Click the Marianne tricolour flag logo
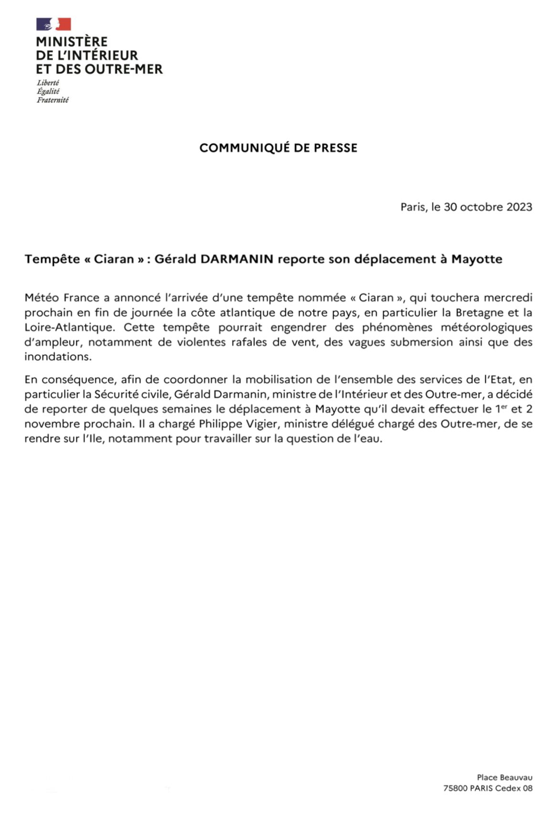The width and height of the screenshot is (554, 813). tap(53, 24)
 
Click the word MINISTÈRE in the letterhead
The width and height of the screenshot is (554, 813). tap(72, 42)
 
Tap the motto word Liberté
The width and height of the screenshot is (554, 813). tap(48, 83)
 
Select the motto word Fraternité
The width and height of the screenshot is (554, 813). tap(52, 100)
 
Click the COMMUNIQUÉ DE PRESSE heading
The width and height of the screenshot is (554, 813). tap(278, 148)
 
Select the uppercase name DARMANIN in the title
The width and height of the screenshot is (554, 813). tap(237, 259)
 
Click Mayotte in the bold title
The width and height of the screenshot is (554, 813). tap(477, 259)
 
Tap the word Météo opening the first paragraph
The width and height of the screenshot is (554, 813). tap(42, 298)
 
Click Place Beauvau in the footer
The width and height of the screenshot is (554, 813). tap(504, 778)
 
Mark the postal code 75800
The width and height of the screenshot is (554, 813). tap(455, 789)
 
